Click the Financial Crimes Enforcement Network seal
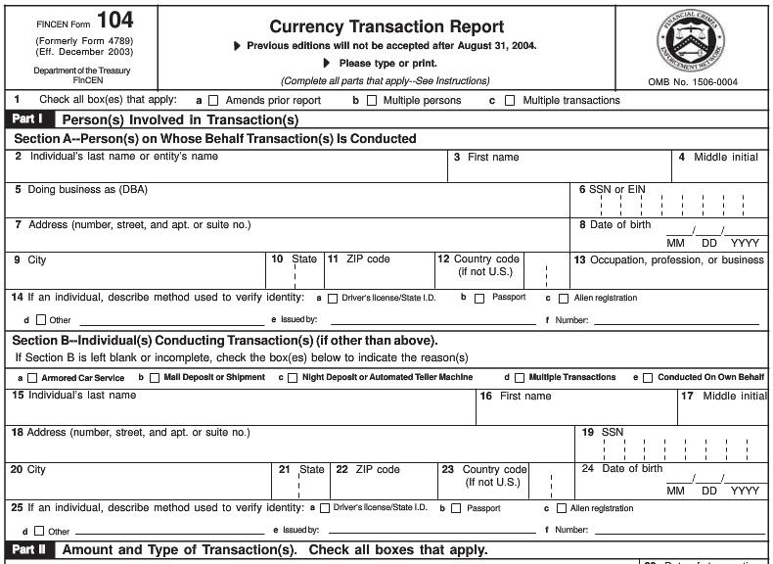tap(690, 40)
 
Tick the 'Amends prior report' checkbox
tap(215, 101)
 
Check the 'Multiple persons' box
tap(371, 101)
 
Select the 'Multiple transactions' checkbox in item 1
tap(512, 101)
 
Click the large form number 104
tap(115, 20)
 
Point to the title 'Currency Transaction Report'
tap(386, 26)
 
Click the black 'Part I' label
tap(29, 119)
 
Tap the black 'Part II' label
tap(29, 549)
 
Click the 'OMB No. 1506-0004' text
tap(693, 82)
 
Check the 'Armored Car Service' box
tap(33, 378)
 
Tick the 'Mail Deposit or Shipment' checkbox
tap(154, 378)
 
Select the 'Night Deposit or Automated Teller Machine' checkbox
tap(293, 378)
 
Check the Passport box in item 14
tap(479, 299)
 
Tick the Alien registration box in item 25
tap(561, 508)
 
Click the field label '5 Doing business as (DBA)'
tap(81, 189)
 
